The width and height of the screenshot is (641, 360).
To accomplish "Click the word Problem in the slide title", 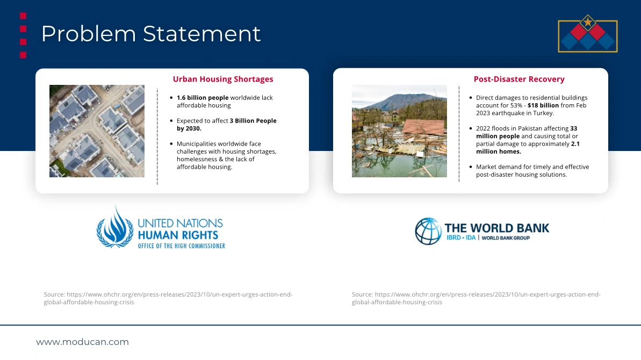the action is coord(88,34).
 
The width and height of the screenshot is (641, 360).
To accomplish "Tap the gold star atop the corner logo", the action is coord(587,21).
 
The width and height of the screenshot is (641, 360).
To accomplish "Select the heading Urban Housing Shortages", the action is coord(223,79).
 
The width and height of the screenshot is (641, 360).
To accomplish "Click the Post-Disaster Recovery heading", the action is coord(519,79).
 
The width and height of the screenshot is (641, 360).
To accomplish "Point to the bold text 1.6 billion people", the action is coord(203,98).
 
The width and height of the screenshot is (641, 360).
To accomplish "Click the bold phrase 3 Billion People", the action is coord(253,120).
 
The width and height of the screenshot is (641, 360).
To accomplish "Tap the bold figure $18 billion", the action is coord(543,105).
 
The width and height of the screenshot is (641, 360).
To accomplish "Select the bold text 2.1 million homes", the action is coord(528,148).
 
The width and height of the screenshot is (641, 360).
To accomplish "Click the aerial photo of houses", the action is coord(97,131).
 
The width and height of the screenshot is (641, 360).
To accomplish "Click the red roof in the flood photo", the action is coord(423,127).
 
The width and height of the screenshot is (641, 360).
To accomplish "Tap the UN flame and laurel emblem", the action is coord(115,227).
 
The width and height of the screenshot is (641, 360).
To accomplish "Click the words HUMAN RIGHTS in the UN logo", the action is coord(178,235).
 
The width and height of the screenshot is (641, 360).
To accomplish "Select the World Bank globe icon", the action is coord(428,231).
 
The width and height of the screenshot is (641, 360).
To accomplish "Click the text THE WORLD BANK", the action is coord(496,228).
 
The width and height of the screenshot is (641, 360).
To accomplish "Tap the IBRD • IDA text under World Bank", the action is coord(460,238).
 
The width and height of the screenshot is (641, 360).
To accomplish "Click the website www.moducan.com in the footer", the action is coord(83,342).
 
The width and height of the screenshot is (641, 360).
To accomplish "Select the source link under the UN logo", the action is coord(168,298).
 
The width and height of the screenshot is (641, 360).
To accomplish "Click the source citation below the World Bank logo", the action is coord(476,298).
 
